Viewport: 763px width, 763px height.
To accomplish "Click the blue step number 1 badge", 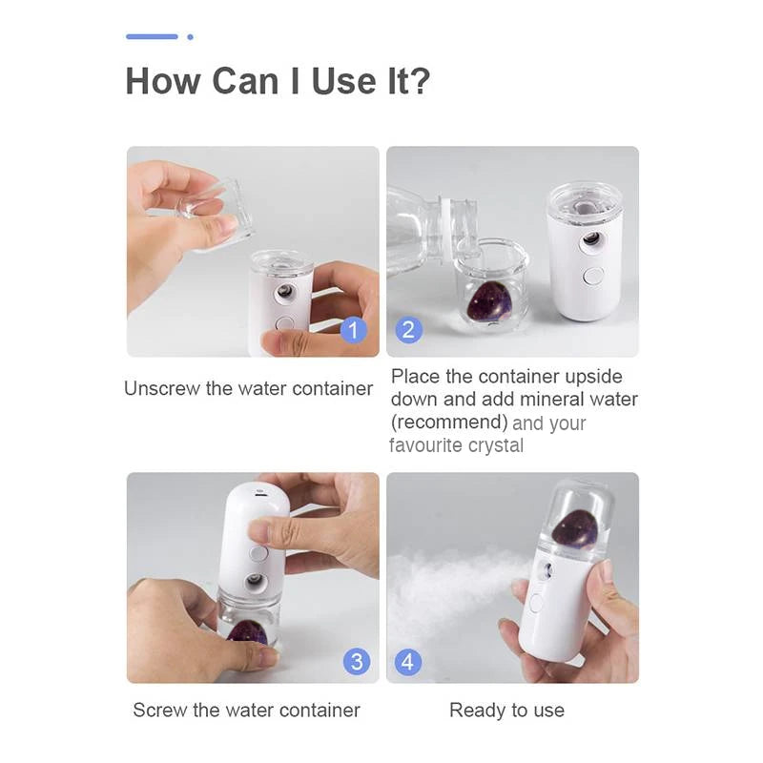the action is [x=353, y=330].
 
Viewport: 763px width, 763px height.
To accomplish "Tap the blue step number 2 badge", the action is [x=409, y=330].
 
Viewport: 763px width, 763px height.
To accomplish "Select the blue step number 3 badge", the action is [x=357, y=662].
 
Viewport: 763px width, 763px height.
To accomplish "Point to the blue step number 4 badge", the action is [x=408, y=662].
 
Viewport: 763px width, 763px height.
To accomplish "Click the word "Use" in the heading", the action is [x=343, y=81].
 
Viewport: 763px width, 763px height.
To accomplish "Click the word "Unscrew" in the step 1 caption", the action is [x=162, y=389].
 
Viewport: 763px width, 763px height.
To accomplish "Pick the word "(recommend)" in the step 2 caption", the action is [x=449, y=423].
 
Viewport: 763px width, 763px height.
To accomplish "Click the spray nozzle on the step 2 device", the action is [x=591, y=240].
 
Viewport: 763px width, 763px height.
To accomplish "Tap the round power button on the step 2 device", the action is [x=593, y=276].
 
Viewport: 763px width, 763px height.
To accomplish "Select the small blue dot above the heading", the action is [x=190, y=37].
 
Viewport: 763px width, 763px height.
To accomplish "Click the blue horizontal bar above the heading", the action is [x=152, y=36].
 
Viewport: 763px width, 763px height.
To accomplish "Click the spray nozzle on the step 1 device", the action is [x=283, y=292].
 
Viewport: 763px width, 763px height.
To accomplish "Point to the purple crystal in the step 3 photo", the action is [x=247, y=632].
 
